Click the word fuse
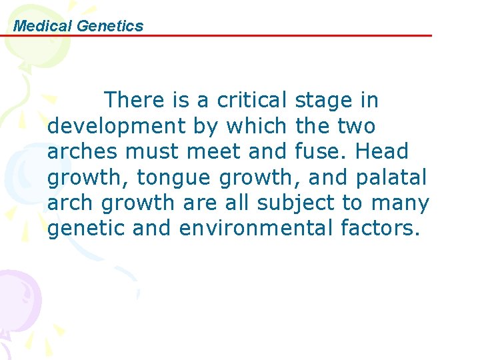318,151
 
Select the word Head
382,151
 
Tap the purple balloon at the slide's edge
17,293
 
